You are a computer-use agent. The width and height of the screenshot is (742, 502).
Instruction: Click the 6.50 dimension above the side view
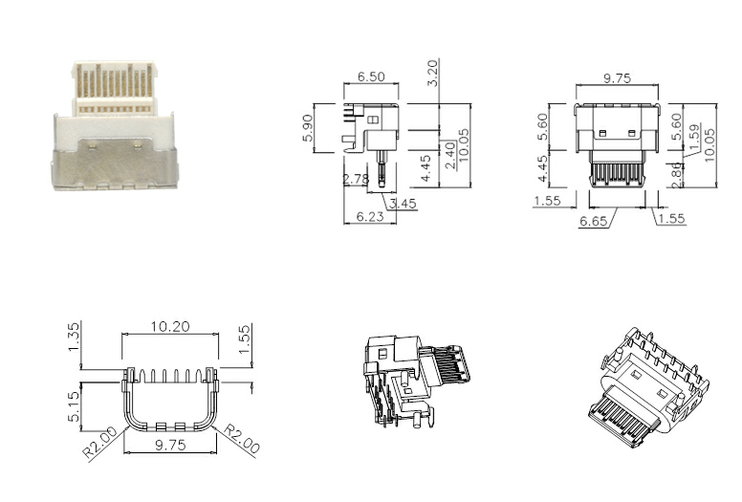pos(371,76)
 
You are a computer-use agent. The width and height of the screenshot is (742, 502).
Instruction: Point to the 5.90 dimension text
pos(308,127)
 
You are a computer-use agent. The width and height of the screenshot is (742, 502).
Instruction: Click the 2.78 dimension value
pos(357,179)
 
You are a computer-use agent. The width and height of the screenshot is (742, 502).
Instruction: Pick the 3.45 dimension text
pos(404,203)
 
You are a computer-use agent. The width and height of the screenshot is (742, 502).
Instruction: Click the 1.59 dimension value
pos(694,135)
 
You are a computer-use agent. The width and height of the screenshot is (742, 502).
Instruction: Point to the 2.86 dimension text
pos(677,175)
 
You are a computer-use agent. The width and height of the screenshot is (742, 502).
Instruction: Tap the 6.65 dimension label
pos(596,222)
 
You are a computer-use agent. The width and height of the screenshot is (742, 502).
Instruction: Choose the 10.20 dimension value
pos(168,326)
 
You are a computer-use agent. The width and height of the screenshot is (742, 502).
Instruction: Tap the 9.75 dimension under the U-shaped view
pos(168,446)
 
